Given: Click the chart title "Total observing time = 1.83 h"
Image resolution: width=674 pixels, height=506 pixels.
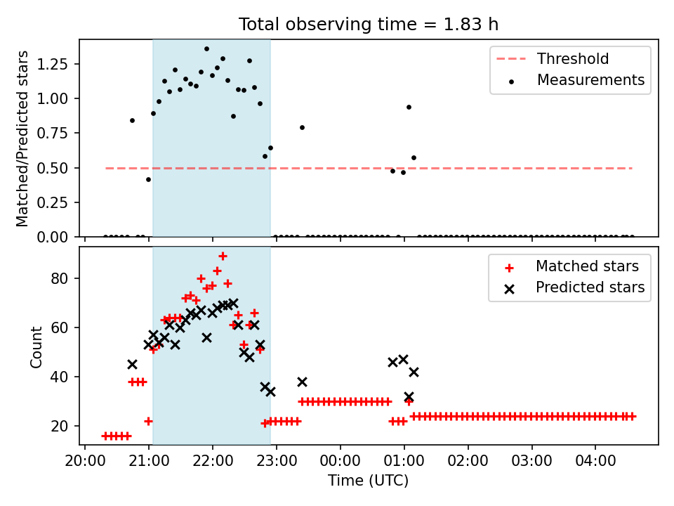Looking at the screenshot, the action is coord(369,25).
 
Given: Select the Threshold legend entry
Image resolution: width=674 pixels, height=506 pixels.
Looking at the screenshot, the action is coord(553,58).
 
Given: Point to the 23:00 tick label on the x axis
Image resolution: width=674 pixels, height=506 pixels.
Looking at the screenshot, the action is coord(277,461).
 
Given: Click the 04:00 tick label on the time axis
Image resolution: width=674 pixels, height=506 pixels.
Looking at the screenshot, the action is coord(595,461).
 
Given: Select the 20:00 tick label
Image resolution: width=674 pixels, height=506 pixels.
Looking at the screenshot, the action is coord(85,461).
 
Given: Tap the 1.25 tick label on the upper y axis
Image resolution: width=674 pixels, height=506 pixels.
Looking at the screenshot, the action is coord(53,64).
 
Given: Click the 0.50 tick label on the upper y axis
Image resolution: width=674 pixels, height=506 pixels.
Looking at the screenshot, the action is coord(53,168).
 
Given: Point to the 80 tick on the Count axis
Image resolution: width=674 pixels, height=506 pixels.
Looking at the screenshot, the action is coord(59,278).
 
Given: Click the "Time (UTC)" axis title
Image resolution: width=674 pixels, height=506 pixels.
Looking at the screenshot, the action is coord(369,481).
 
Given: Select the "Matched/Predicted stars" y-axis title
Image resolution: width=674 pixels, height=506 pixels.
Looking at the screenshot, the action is coord(22,138).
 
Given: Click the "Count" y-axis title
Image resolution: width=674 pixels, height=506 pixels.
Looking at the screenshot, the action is coord(36,346).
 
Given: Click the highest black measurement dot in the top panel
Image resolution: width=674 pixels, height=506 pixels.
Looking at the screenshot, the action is coord(206,49).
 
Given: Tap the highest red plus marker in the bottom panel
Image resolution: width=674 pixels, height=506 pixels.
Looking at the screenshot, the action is coord(223,257).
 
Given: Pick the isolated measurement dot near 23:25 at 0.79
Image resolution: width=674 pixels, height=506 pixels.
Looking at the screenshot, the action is coord(302,127).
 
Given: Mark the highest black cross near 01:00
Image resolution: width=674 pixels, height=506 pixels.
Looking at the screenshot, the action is coord(403,359).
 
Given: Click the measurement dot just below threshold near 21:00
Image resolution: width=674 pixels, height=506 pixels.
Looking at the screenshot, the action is coord(148,179).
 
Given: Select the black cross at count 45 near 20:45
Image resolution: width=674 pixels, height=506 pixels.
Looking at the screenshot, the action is coord(133,365).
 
